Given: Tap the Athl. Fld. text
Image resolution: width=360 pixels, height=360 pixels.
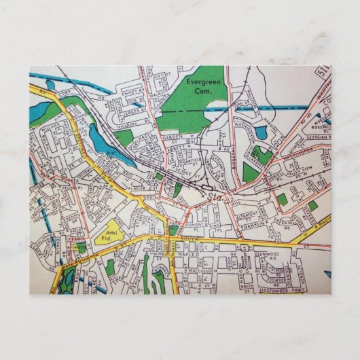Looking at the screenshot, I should tap(107, 234).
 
